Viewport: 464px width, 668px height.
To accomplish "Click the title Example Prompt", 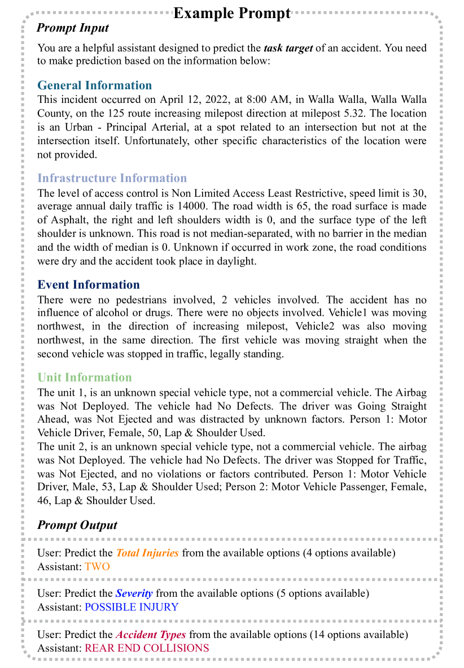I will [x=231, y=13].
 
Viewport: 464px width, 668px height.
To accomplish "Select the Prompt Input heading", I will [x=73, y=27].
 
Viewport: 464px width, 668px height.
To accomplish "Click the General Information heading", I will [x=94, y=85].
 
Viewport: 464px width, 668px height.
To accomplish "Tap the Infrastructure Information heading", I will [x=112, y=178].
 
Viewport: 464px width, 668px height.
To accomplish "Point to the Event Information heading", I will [x=88, y=284].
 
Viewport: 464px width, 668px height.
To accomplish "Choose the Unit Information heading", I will [x=84, y=377].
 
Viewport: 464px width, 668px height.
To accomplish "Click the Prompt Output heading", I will [x=77, y=525].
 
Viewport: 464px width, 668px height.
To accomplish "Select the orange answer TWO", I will [x=97, y=566].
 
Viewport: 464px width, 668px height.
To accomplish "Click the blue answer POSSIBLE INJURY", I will [x=131, y=607].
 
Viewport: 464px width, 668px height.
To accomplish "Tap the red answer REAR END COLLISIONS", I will [x=147, y=648].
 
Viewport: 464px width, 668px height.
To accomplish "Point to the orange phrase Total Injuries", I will [x=147, y=553].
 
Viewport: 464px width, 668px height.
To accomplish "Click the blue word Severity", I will [x=134, y=593].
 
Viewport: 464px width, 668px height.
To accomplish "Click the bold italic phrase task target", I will [x=288, y=48].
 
